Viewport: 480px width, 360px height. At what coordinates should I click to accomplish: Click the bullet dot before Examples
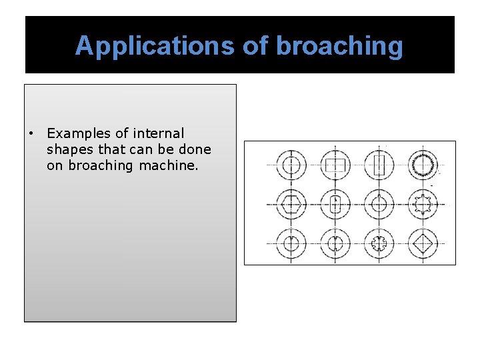click(31, 134)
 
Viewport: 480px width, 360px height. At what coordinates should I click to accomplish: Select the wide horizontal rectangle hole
click(335, 164)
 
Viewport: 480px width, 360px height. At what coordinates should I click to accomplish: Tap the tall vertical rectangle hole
click(379, 164)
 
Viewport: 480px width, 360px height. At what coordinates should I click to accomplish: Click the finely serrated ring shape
click(424, 164)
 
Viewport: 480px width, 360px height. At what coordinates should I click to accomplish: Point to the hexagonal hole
click(291, 203)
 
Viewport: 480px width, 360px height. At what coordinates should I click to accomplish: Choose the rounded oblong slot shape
click(335, 203)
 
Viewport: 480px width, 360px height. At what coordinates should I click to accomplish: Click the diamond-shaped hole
click(424, 243)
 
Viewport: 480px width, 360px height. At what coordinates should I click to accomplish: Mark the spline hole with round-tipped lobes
click(424, 203)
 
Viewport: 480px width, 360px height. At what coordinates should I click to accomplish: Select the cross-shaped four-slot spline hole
click(379, 243)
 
